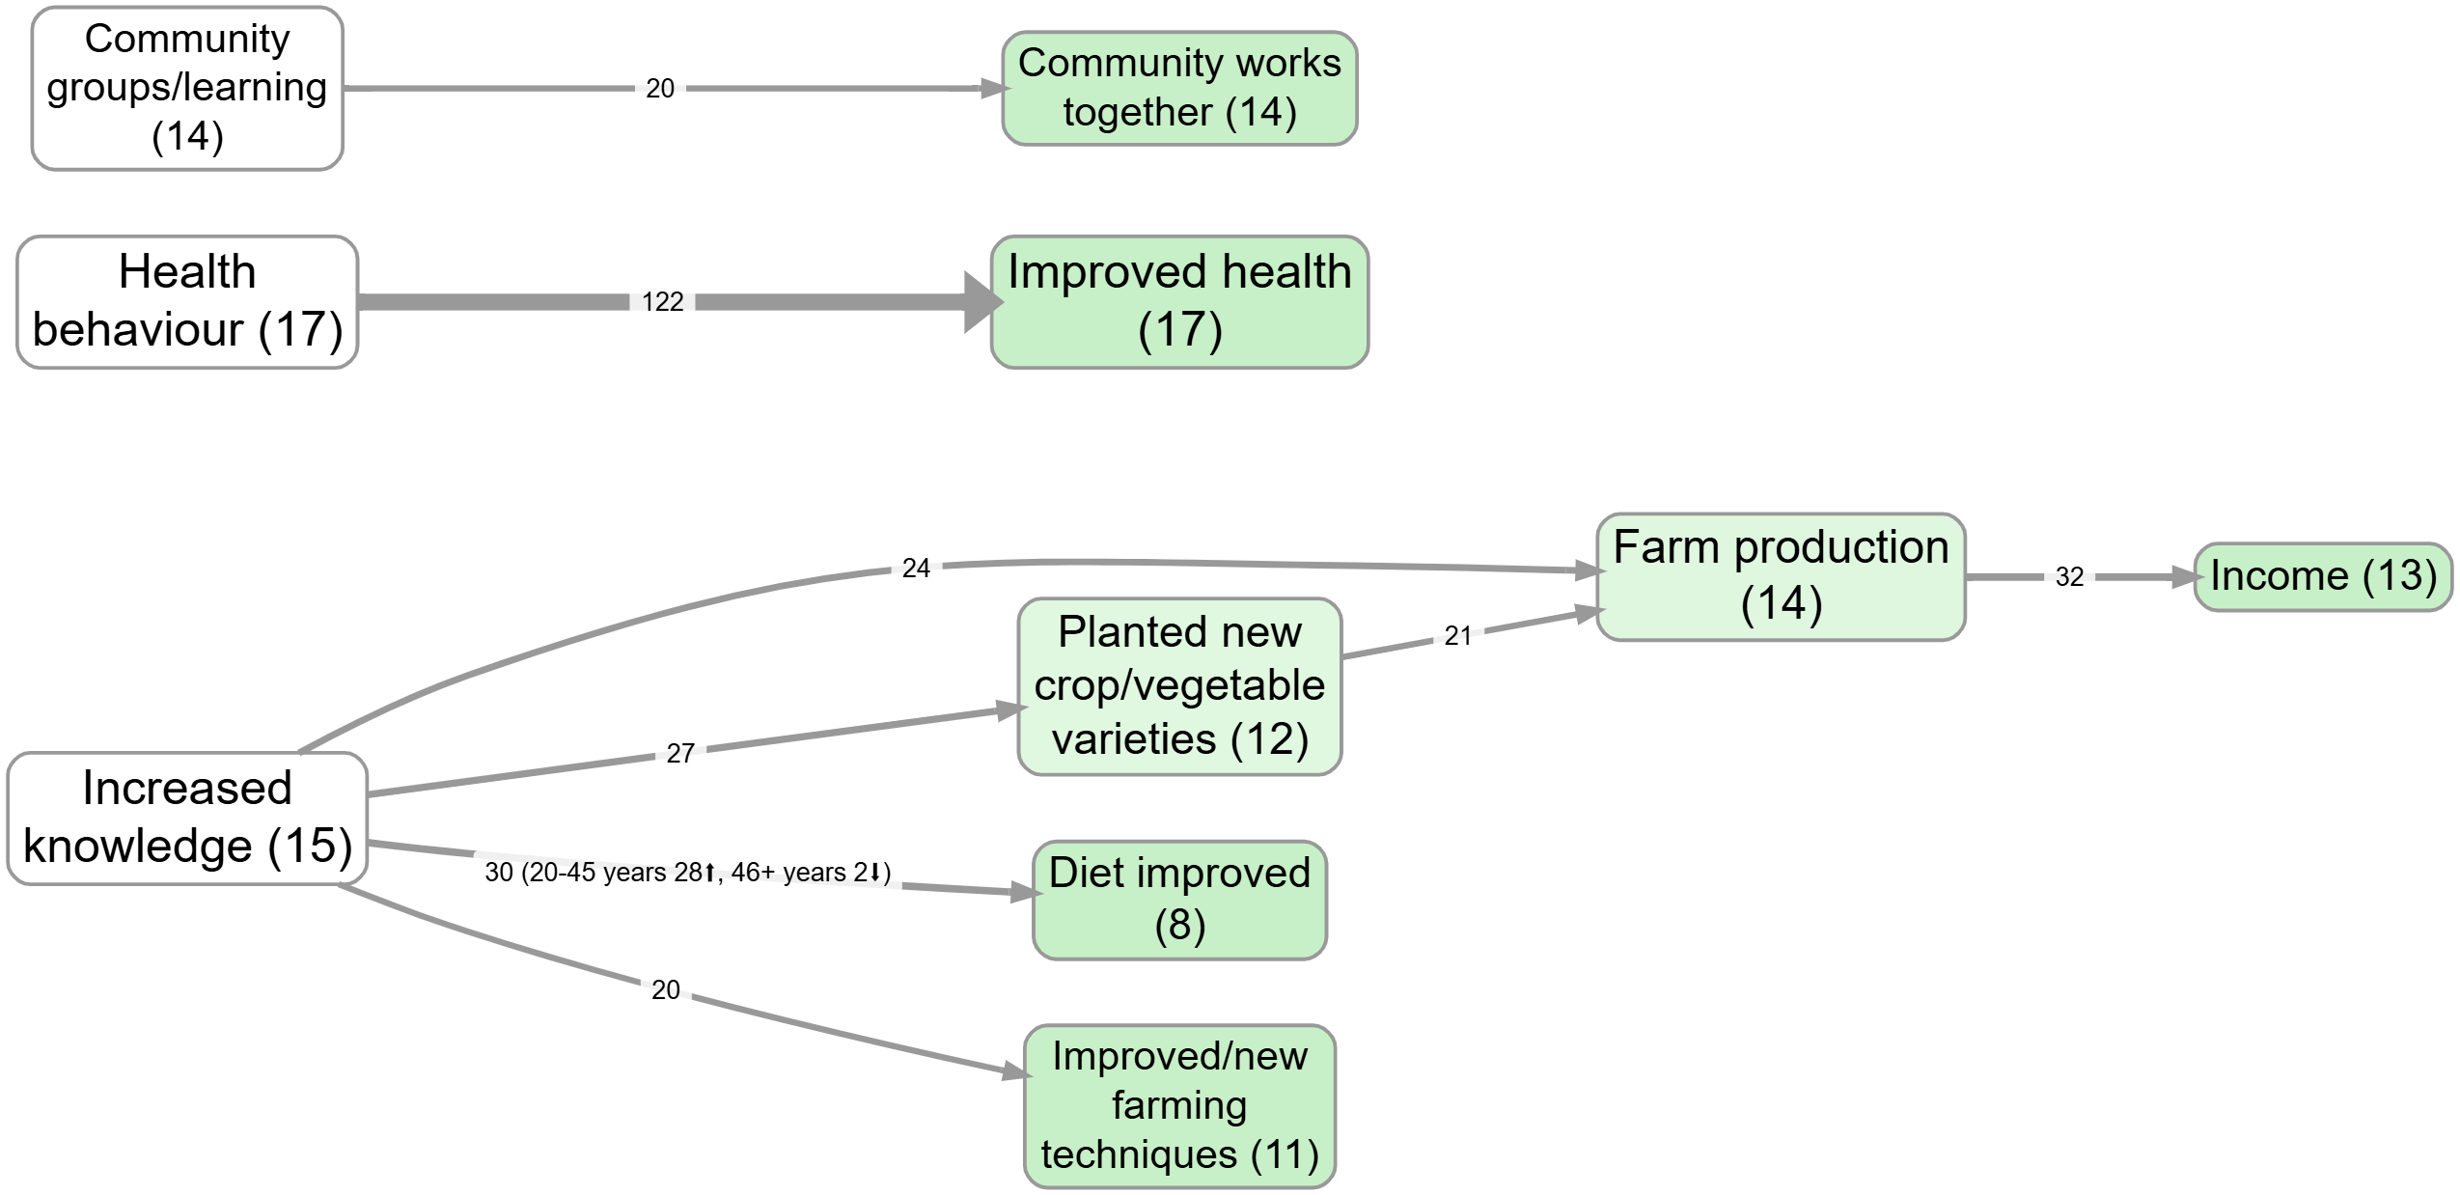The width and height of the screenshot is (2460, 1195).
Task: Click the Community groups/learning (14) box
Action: [187, 89]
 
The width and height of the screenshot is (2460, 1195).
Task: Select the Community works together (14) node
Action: [1179, 89]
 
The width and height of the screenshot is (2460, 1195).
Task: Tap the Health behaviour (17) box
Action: [187, 302]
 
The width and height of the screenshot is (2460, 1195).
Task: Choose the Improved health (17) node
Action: [1179, 302]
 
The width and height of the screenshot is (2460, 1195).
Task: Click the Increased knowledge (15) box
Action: [187, 819]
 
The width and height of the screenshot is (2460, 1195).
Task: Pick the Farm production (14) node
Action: [1781, 576]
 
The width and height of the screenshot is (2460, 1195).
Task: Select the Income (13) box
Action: [2323, 576]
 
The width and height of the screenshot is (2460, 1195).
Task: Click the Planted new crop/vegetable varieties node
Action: [1179, 686]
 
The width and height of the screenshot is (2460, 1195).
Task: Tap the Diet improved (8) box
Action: [1179, 900]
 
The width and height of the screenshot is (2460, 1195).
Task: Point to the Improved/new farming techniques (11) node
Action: [1179, 1106]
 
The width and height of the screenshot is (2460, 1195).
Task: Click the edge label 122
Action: [662, 302]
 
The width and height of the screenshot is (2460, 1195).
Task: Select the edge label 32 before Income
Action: [2069, 577]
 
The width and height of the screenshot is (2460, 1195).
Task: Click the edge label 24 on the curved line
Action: [916, 568]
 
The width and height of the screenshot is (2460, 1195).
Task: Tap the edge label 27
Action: [680, 753]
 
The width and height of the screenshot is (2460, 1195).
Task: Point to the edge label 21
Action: [1457, 635]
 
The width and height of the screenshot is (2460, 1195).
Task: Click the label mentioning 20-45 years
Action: [687, 873]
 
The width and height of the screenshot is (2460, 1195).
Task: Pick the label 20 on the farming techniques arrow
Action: [666, 989]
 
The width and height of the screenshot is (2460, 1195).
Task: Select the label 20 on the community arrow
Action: [660, 89]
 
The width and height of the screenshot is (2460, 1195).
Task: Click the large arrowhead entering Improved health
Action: [982, 302]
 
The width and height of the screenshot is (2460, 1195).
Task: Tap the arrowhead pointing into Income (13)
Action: [2187, 577]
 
